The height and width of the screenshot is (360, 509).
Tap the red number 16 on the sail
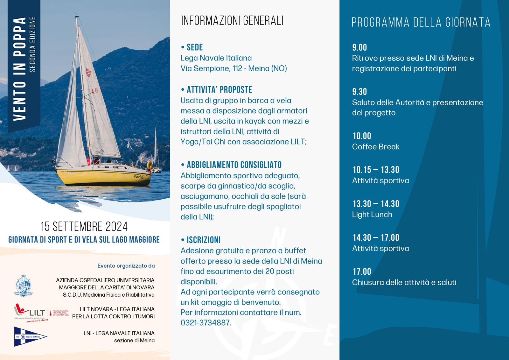[x=95, y=91]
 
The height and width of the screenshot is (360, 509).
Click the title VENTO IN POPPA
[x=20, y=69]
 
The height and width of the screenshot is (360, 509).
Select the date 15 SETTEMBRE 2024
[x=84, y=227]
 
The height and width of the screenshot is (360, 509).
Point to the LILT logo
[x=30, y=312]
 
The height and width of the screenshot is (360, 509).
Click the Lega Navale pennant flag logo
[x=30, y=336]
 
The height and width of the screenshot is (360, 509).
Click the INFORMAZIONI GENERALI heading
[x=232, y=21]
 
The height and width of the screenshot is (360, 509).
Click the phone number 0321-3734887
[x=206, y=323]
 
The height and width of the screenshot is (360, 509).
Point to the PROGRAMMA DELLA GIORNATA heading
[x=421, y=23]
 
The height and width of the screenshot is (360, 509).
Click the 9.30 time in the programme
[x=359, y=92]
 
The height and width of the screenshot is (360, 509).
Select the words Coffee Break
[x=376, y=147]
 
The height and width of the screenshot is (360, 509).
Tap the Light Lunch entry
[x=372, y=215]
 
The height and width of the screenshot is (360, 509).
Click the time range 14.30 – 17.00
[x=376, y=237]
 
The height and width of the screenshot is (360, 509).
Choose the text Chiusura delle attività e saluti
[x=404, y=282]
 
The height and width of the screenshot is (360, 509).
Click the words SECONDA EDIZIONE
[x=33, y=44]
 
